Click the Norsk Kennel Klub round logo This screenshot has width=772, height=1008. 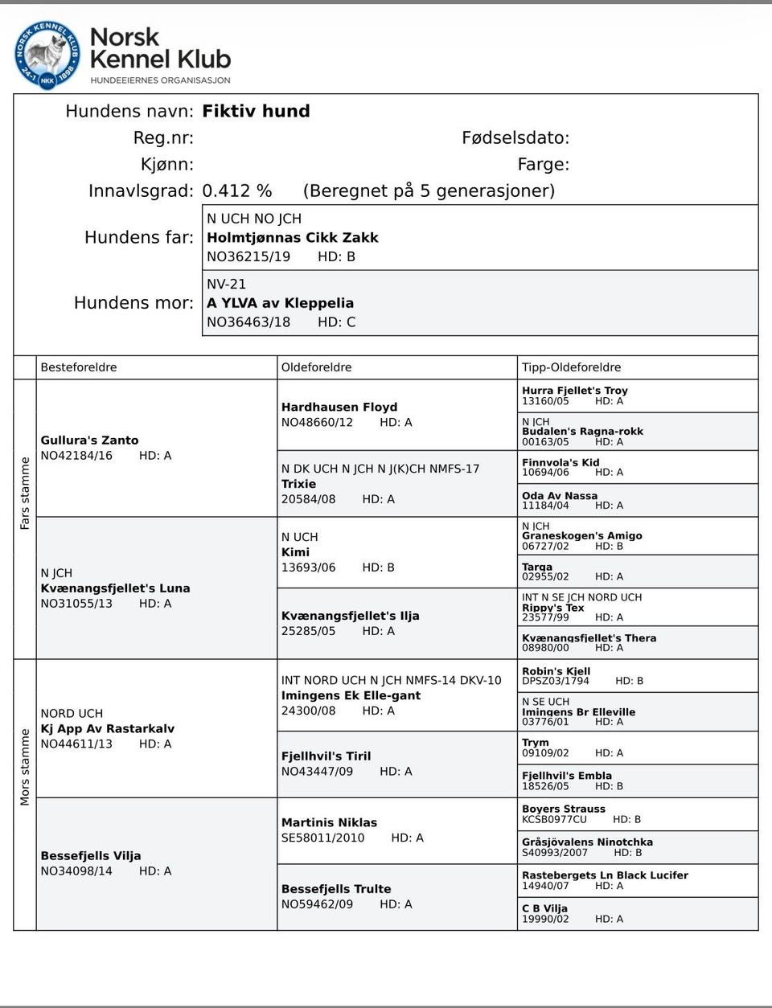(47, 55)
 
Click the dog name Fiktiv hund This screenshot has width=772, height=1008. (256, 111)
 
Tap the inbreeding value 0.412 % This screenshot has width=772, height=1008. (236, 191)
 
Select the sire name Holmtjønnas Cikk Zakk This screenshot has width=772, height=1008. (292, 238)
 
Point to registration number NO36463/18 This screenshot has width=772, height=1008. (248, 322)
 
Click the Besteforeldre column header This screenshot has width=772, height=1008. (79, 367)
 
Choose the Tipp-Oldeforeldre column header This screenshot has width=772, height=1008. (571, 367)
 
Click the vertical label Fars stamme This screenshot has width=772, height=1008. (25, 493)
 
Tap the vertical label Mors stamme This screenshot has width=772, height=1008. (25, 767)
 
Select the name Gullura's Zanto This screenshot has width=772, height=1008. (89, 440)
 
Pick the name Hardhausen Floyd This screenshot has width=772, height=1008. (339, 408)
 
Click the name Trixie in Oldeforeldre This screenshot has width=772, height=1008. (298, 484)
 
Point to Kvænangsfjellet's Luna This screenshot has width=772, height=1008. (115, 588)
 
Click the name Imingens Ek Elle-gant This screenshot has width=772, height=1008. (351, 696)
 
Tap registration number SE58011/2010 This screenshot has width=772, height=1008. (322, 838)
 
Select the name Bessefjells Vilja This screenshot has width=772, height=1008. (91, 856)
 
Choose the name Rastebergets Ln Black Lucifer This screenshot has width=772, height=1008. (605, 875)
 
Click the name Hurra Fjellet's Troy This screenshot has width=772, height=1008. (574, 391)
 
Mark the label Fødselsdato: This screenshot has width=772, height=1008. (515, 138)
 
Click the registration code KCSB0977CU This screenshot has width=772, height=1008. (554, 820)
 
